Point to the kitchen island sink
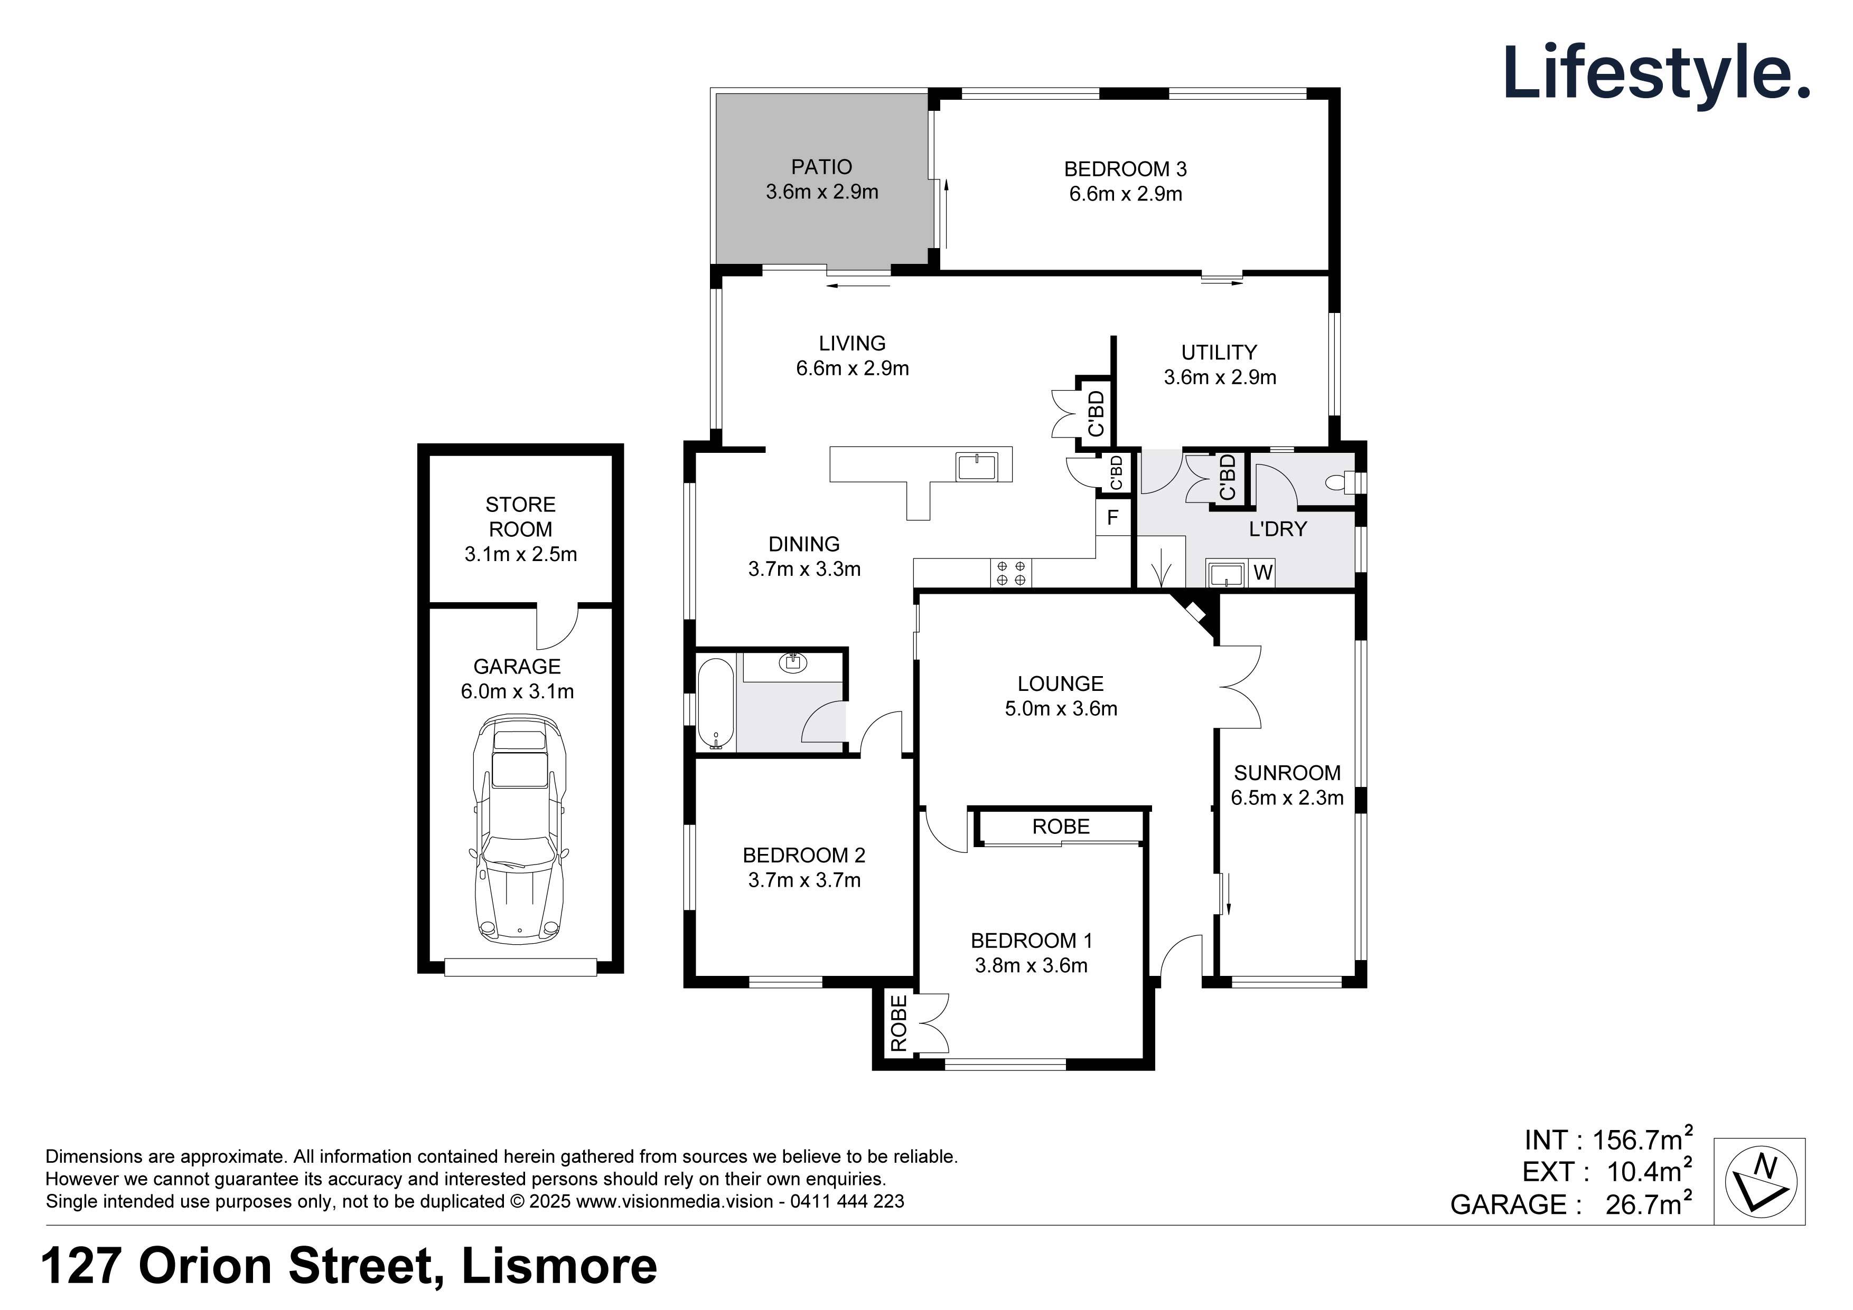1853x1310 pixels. point(977,466)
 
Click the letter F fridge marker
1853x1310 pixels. point(1112,518)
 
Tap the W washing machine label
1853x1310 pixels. point(1263,573)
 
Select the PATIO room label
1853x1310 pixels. point(821,167)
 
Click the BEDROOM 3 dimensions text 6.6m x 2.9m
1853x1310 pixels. point(1125,194)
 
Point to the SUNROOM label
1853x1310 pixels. point(1286,773)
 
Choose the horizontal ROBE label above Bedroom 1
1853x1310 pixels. point(1061,827)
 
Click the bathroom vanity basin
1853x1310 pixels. point(793,663)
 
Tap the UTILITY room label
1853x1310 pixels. point(1219,353)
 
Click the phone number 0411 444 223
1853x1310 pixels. point(847,1201)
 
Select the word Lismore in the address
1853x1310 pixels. point(558,1266)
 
